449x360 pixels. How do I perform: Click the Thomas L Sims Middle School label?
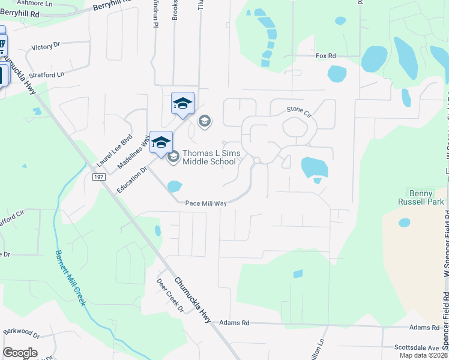[x=211, y=157]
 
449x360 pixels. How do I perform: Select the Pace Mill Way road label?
[x=206, y=203]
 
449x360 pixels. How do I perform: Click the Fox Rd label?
[x=326, y=56]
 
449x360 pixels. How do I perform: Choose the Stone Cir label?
[x=300, y=110]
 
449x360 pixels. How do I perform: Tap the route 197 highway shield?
[x=99, y=177]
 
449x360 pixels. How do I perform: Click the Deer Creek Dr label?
[x=171, y=296]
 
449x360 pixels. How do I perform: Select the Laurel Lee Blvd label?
[x=114, y=151]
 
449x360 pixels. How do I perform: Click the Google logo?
[x=20, y=353]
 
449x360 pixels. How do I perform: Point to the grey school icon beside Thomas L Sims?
[x=173, y=157]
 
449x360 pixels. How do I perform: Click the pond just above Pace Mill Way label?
[x=173, y=187]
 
